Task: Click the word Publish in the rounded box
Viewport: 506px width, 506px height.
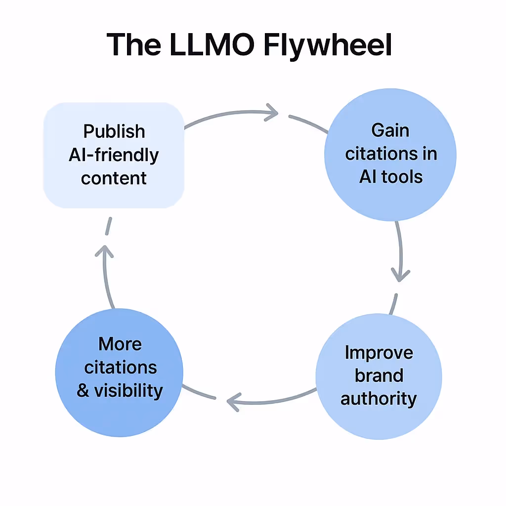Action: click(114, 131)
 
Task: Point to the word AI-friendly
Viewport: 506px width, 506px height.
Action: click(114, 155)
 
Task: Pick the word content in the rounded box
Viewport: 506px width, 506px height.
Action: click(114, 178)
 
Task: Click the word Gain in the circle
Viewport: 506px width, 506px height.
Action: click(390, 130)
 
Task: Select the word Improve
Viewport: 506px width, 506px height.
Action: click(379, 353)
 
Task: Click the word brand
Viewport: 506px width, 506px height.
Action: click(379, 376)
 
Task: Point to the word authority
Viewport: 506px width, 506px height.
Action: click(379, 398)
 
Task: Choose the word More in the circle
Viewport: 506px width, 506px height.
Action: click(120, 344)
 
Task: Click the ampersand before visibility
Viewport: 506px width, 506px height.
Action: click(83, 391)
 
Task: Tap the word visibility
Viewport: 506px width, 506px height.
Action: click(128, 391)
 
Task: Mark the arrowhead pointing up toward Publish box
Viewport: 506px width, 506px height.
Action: click(104, 251)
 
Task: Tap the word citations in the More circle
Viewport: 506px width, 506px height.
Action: click(121, 368)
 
